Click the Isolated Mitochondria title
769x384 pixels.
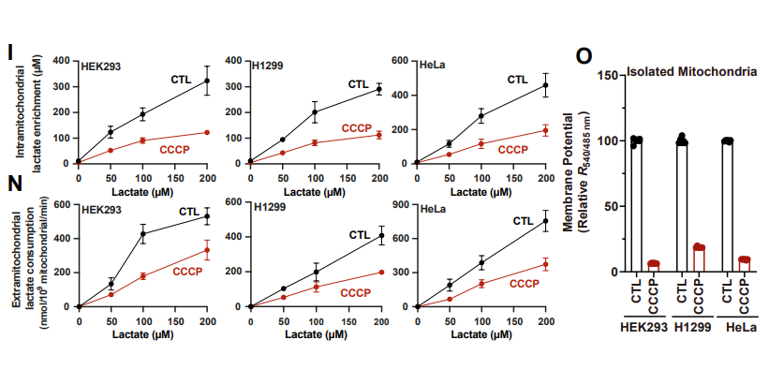pos(691,71)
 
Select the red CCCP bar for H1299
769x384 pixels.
pos(698,259)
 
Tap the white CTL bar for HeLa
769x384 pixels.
pos(727,206)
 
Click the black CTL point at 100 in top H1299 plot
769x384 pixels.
pos(315,112)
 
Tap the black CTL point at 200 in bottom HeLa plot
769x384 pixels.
pos(545,222)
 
